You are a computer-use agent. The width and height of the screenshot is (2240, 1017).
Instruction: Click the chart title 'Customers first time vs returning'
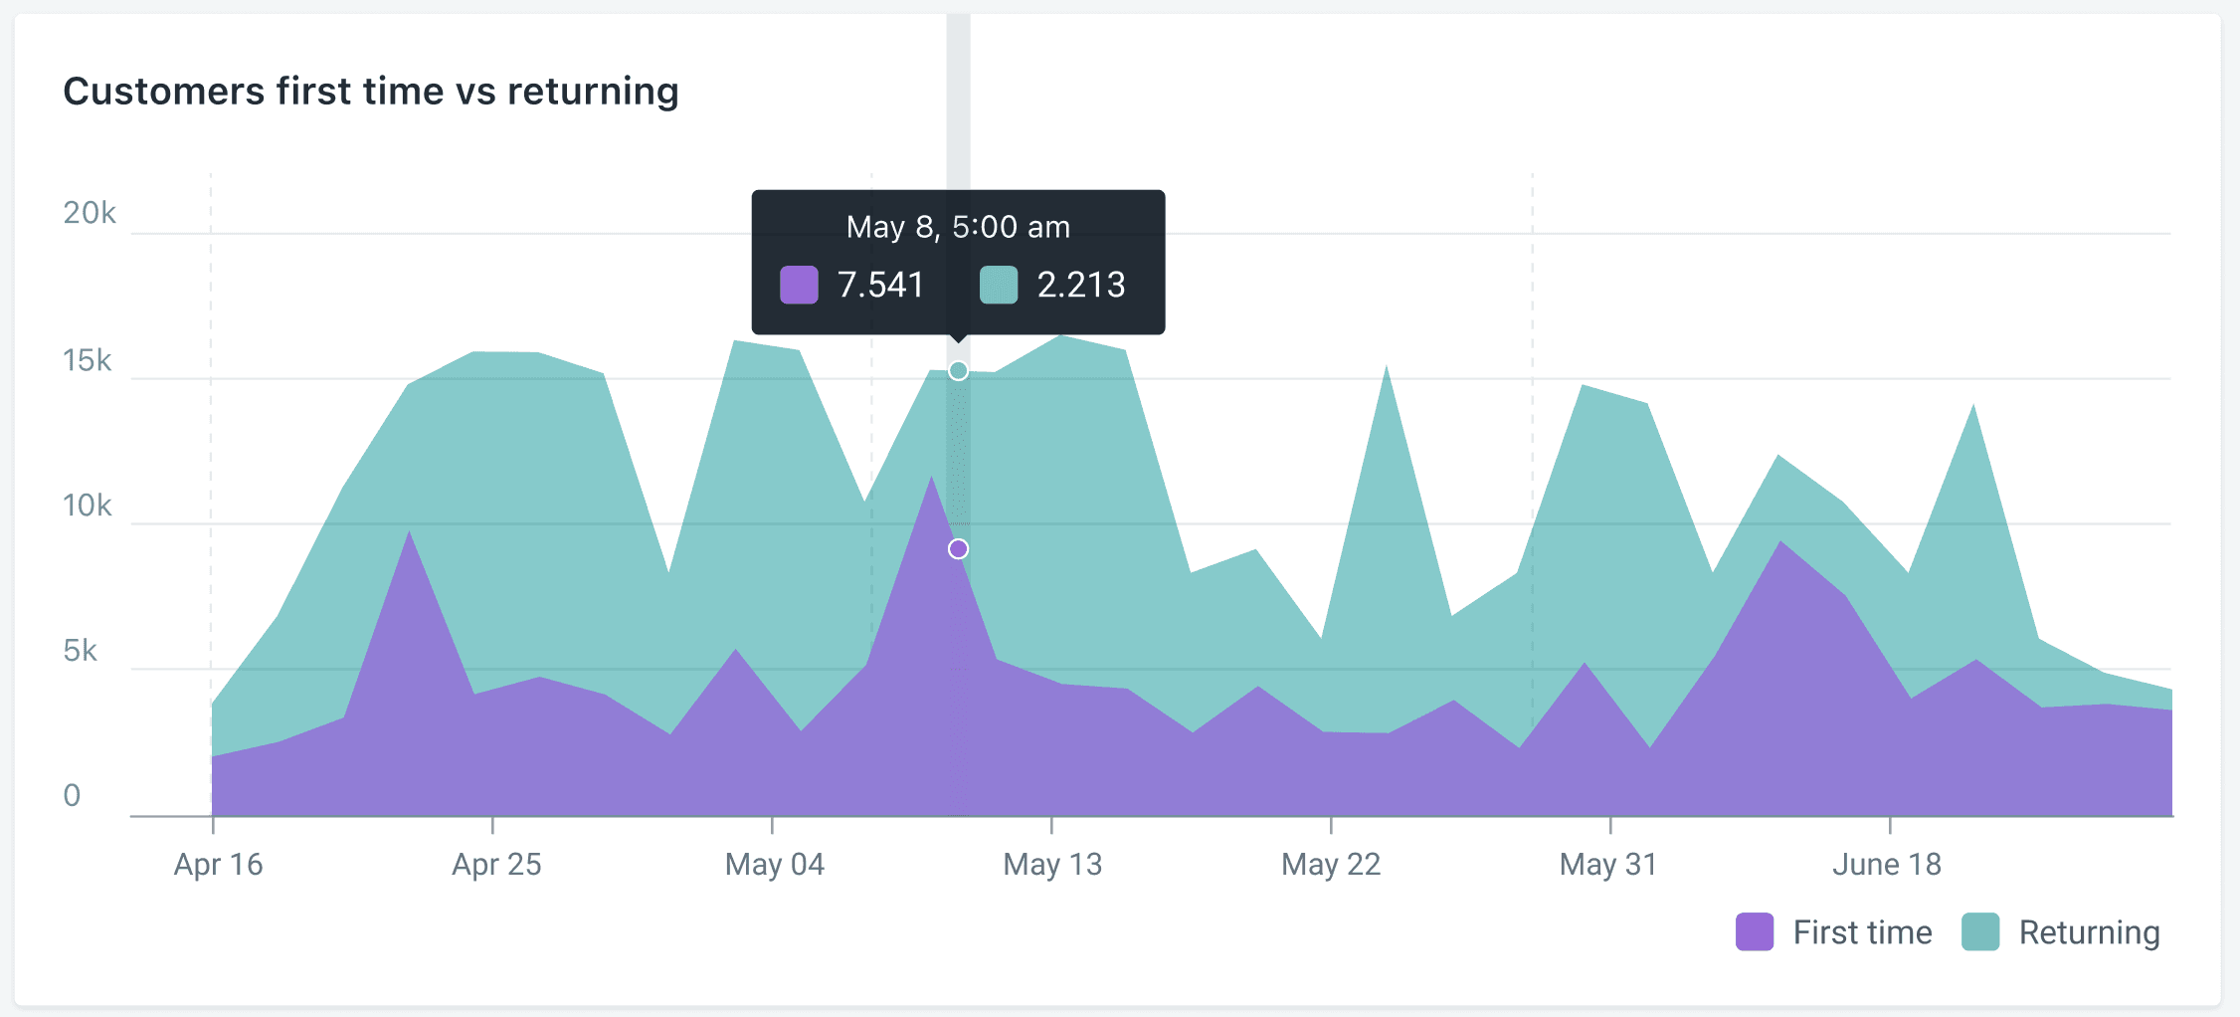tap(371, 92)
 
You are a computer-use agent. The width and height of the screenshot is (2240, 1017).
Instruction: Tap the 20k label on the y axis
tap(90, 213)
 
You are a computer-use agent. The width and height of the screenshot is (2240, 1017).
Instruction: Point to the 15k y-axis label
tap(88, 360)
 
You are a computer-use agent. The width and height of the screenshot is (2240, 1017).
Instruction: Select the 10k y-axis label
tap(88, 506)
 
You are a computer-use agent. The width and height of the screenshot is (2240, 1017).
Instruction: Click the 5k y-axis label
tap(80, 651)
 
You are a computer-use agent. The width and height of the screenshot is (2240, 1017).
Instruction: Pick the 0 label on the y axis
tap(72, 795)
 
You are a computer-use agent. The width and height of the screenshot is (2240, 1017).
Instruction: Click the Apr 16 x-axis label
tap(218, 864)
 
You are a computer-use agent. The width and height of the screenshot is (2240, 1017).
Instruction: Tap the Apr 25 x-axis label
tap(496, 864)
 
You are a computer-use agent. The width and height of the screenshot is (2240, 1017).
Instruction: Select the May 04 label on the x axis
tap(775, 864)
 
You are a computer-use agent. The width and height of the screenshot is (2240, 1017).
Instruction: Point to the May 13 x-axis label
tap(1052, 864)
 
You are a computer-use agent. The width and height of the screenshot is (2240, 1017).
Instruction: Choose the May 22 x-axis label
tap(1331, 864)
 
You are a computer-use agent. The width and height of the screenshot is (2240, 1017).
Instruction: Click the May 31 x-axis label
tap(1608, 864)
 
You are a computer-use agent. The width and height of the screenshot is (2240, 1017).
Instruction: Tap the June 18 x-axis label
tap(1887, 864)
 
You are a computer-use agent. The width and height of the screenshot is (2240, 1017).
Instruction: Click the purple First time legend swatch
tap(1755, 932)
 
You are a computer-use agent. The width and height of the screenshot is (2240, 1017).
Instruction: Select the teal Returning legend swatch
tap(1980, 932)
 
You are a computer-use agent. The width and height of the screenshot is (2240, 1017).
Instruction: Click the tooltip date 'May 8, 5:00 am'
tap(958, 227)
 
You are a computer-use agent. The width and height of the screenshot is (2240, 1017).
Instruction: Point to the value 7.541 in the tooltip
tap(880, 286)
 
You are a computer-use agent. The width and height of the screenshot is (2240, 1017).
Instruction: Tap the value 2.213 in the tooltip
tap(1081, 286)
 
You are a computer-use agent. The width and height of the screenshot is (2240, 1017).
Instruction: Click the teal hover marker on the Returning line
tap(958, 371)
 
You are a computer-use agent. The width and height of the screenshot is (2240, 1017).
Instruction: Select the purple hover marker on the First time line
tap(958, 549)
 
